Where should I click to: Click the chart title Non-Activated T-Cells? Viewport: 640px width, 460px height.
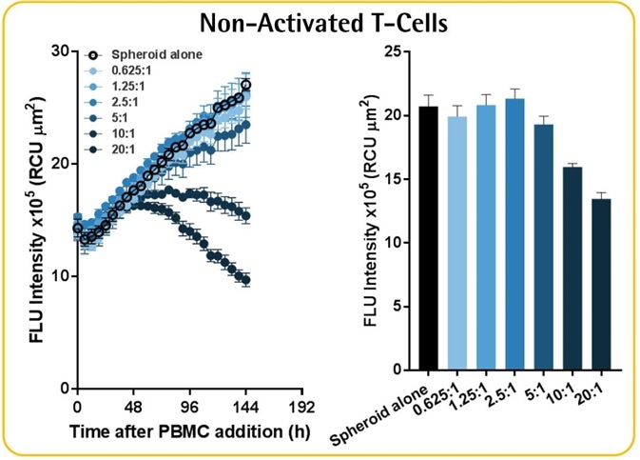coord(320,20)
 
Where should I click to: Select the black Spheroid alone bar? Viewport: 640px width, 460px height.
coord(429,237)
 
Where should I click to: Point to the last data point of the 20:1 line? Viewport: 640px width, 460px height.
coord(246,280)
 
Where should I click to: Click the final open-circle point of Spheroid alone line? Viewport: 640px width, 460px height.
coord(246,85)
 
